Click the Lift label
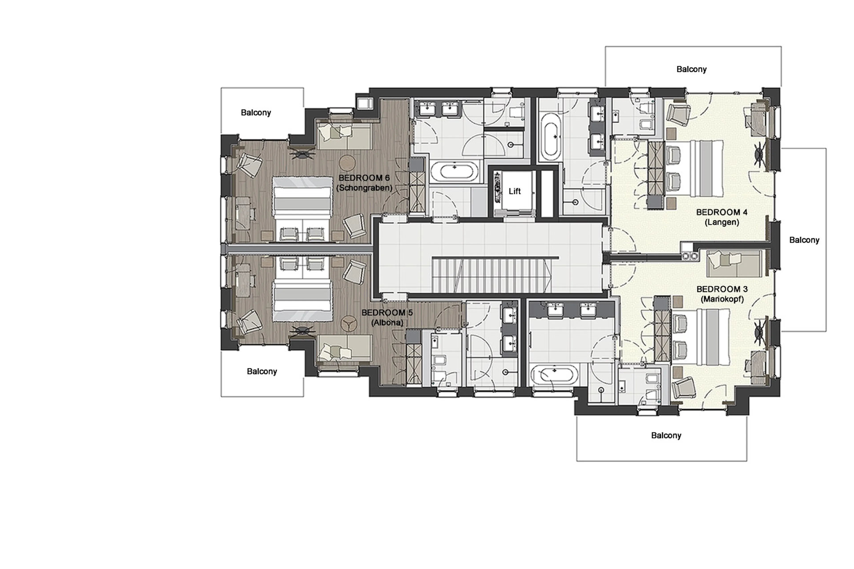(514, 191)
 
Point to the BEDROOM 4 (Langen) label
(721, 217)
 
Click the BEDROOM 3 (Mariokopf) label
(722, 294)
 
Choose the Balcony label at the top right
(691, 69)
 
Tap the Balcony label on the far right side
(804, 240)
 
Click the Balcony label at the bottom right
(666, 435)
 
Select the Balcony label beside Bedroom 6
(256, 113)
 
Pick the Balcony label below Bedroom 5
(262, 371)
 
